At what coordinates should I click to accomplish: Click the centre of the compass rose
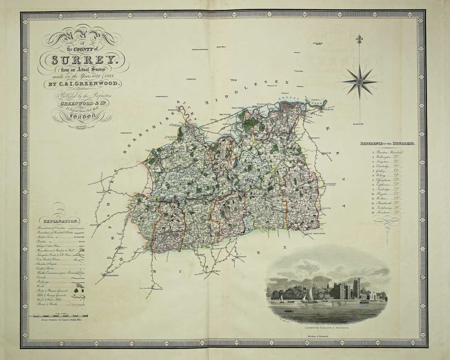[x=360, y=80]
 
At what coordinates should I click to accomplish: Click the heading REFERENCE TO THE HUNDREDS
[x=387, y=144]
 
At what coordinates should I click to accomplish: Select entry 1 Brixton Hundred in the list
[x=388, y=152]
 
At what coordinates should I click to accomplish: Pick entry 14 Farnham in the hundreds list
[x=387, y=213]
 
